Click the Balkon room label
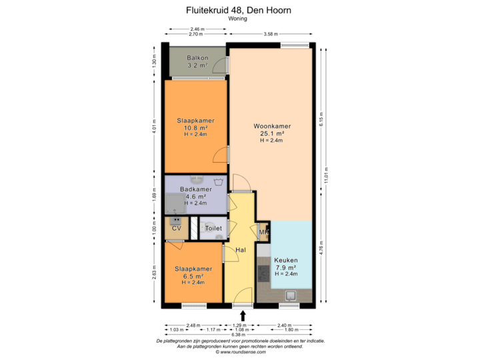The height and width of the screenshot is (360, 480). [x=197, y=58]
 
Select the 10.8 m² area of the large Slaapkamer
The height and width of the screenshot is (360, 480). [x=195, y=128]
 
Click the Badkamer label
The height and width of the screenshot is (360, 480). [x=196, y=189]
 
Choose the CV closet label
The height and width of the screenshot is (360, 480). [x=177, y=229]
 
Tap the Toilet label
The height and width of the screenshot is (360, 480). [x=213, y=229]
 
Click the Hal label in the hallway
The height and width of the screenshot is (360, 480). [x=241, y=250]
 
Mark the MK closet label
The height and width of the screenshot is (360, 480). [x=263, y=233]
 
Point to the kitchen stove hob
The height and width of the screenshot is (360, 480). [x=265, y=273]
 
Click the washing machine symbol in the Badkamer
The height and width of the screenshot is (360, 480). [x=217, y=182]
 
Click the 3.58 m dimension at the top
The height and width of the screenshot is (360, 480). [x=270, y=33]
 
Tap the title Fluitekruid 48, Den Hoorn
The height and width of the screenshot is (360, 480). [x=239, y=11]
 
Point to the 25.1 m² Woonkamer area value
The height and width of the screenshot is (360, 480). [x=271, y=133]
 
